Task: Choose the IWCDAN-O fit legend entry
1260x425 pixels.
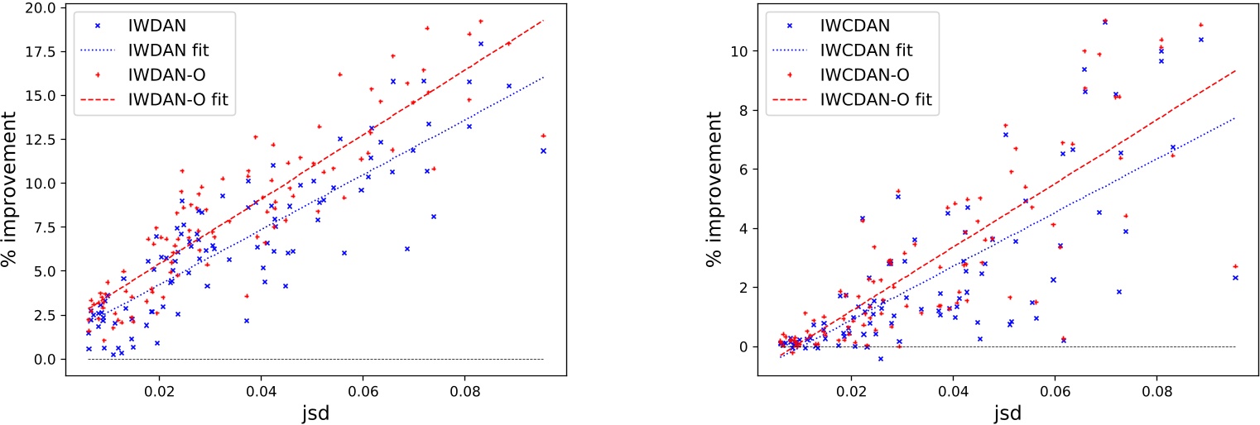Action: pos(876,100)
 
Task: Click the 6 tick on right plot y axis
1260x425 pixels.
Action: pos(737,170)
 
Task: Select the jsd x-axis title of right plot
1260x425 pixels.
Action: pos(1007,413)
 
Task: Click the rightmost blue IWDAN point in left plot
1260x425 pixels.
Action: pos(543,150)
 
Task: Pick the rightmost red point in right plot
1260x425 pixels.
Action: pos(1235,266)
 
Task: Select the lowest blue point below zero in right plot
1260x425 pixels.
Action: pos(881,358)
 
